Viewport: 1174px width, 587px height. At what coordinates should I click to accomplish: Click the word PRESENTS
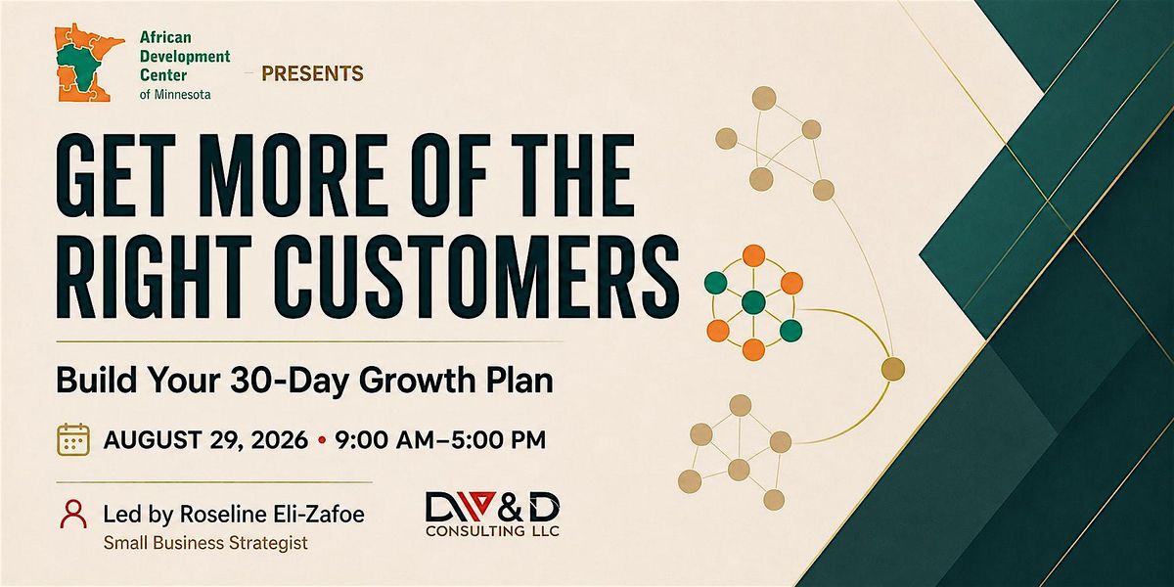[312, 73]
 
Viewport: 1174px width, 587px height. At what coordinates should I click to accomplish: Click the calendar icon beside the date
[72, 439]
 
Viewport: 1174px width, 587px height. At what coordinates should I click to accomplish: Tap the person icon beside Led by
[73, 515]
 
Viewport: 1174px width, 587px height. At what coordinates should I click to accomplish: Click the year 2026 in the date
[280, 439]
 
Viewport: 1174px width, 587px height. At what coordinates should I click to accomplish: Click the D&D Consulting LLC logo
[492, 515]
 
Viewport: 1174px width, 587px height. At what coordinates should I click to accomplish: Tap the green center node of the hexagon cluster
[753, 302]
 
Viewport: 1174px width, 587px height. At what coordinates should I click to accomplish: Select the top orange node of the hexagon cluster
[753, 255]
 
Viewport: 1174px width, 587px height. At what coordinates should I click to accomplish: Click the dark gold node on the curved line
[893, 369]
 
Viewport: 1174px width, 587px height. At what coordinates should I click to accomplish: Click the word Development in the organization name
[185, 57]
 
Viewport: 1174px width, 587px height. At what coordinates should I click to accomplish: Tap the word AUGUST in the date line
[153, 439]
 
